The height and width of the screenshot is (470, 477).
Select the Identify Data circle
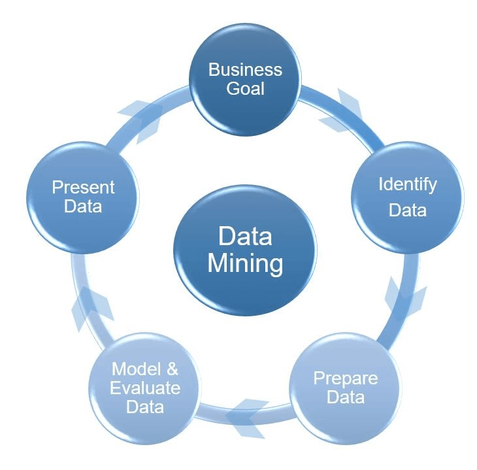click(407, 197)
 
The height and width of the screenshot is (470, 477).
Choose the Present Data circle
click(84, 197)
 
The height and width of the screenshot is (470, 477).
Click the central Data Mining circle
click(245, 250)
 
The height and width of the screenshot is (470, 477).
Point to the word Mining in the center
click(245, 264)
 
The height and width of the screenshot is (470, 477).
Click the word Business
click(245, 69)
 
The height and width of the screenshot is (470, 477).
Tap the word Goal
click(245, 88)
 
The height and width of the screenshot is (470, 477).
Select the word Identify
click(407, 184)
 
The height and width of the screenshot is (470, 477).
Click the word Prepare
click(345, 378)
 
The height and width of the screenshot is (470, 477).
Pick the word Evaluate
click(145, 388)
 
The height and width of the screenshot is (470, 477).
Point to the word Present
click(84, 187)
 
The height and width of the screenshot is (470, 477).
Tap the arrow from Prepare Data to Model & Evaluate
click(246, 412)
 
